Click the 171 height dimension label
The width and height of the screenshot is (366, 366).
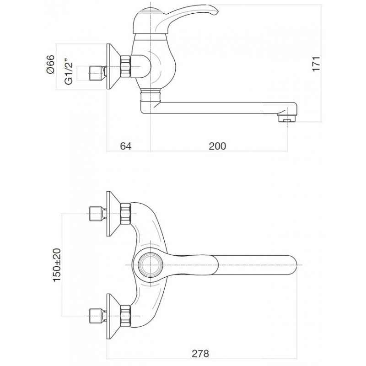pos(316,64)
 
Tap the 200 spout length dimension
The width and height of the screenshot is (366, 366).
pos(217,146)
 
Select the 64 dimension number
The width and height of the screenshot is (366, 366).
pos(125,146)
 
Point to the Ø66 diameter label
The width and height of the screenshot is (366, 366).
pos(50,65)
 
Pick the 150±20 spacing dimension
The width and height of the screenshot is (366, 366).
pos(57,265)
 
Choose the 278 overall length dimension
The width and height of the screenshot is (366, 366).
pos(200,354)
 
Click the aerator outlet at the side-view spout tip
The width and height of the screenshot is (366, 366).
pos(286,118)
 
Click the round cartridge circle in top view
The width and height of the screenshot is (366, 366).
pos(151,265)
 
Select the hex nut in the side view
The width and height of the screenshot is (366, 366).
pos(125,66)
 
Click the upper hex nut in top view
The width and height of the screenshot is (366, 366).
pos(125,214)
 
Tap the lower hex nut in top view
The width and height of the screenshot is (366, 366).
pos(125,316)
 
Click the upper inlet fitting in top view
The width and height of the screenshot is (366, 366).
pos(98,214)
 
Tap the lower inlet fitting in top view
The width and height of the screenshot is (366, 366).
pos(98,316)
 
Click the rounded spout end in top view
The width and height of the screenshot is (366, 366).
pos(292,265)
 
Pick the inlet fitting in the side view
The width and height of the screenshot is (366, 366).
pos(98,73)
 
